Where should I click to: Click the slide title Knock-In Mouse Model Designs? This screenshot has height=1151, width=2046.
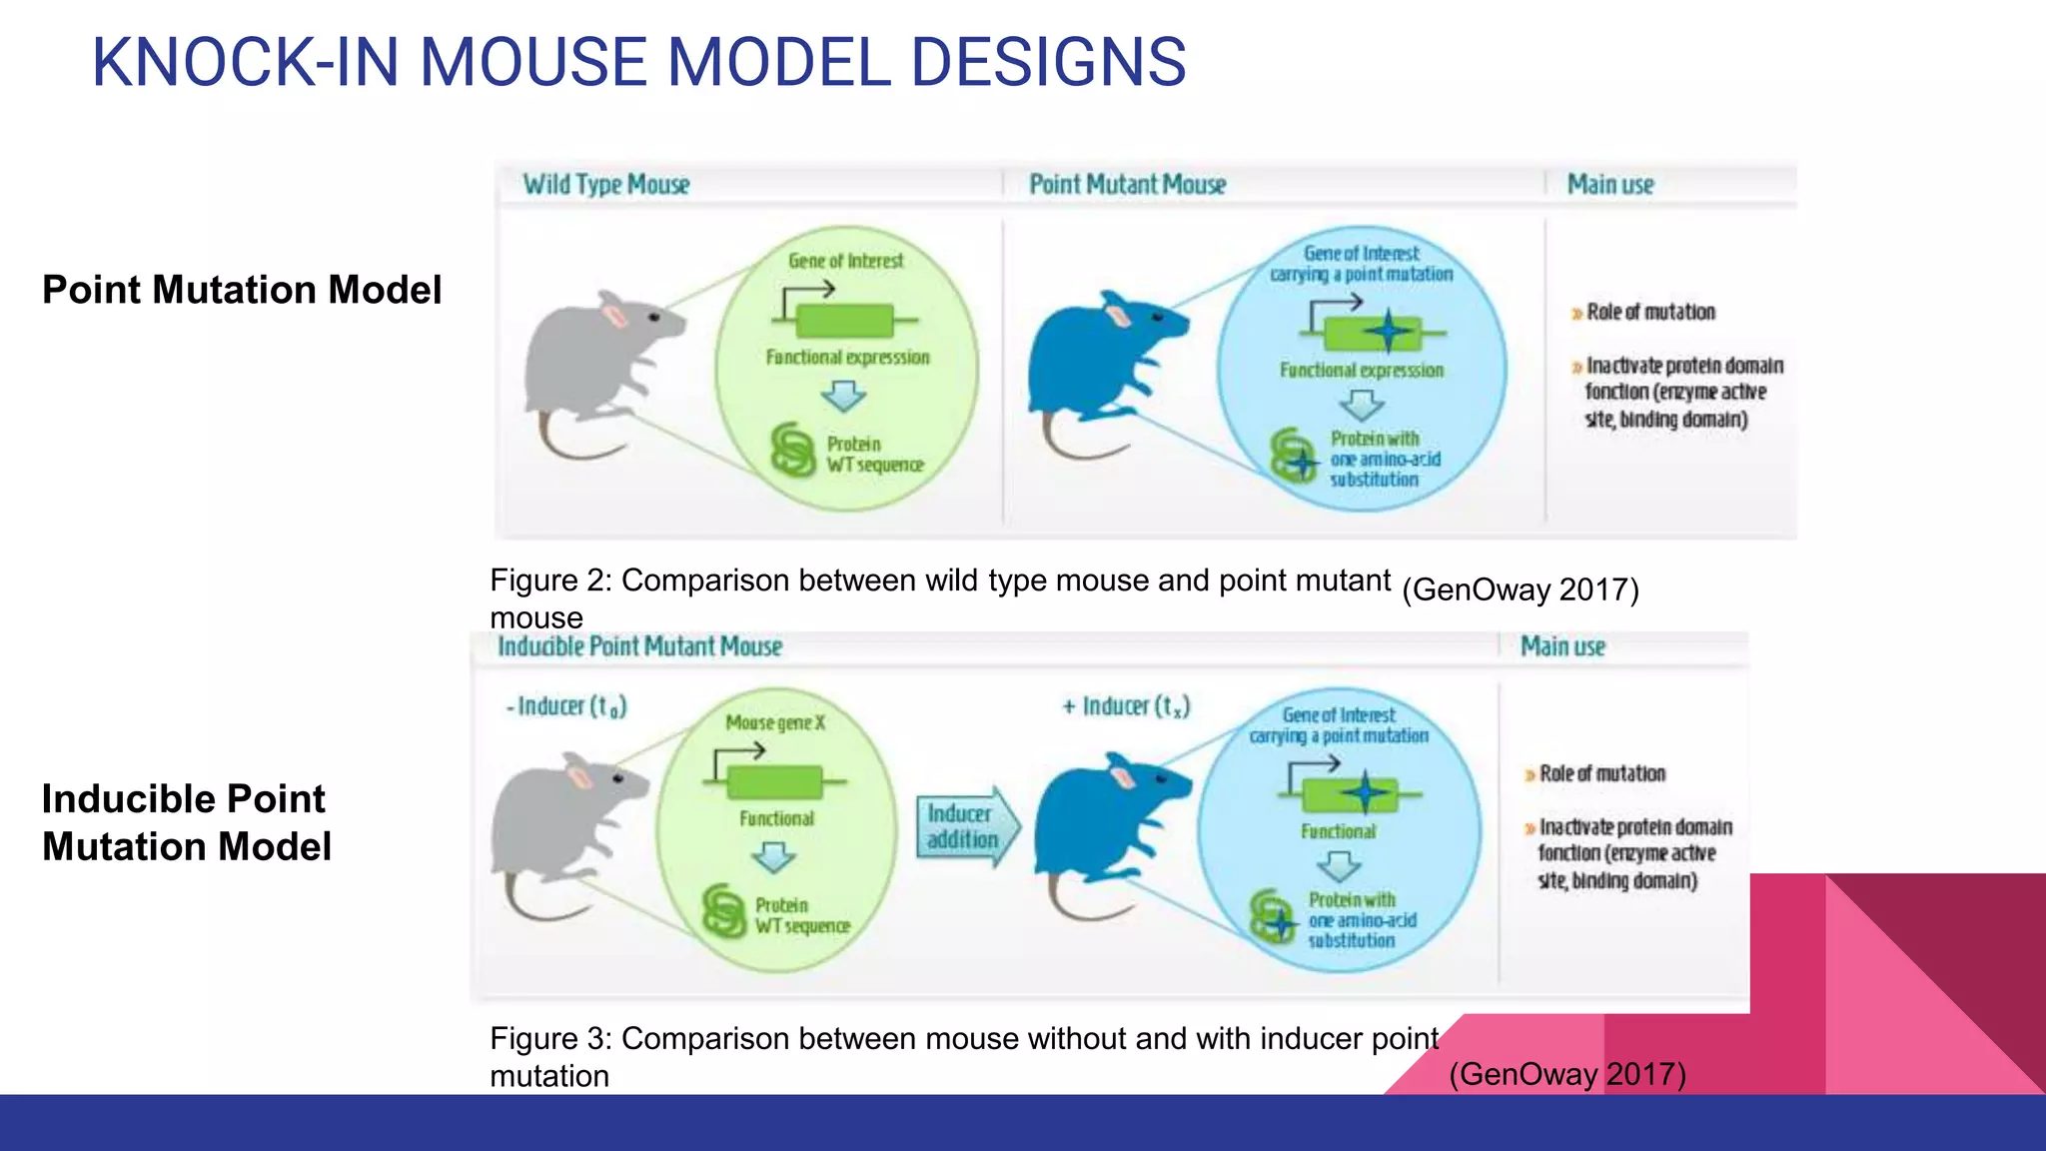click(x=638, y=62)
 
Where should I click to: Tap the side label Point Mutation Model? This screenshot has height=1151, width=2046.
click(x=242, y=290)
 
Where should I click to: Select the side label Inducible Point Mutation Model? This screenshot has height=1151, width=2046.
click(x=187, y=822)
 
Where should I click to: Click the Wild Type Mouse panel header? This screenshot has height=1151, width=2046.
click(x=606, y=185)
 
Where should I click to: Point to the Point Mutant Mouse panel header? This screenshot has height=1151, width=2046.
click(x=1127, y=185)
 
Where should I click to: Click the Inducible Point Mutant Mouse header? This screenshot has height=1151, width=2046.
click(x=639, y=646)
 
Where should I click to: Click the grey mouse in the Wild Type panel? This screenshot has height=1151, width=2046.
click(x=595, y=370)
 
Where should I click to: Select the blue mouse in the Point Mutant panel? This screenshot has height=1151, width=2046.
click(x=1099, y=370)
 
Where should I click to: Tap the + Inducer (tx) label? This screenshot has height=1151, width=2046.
click(x=1126, y=706)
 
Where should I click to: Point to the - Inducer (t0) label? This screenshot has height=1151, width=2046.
click(x=566, y=706)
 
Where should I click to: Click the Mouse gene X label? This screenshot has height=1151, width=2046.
click(x=775, y=722)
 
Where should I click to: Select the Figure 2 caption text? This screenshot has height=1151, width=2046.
click(x=939, y=597)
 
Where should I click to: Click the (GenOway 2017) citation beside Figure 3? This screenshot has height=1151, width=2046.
click(x=1566, y=1074)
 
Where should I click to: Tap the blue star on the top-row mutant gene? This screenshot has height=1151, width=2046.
click(x=1388, y=331)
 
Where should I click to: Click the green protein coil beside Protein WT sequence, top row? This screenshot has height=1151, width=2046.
click(x=793, y=451)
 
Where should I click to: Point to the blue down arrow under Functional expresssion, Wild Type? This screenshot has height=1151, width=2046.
click(x=844, y=398)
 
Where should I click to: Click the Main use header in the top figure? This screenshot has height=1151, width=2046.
click(x=1610, y=185)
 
